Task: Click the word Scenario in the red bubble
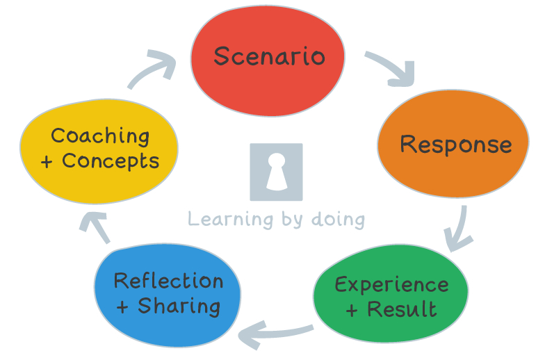point(269,56)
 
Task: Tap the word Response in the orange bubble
point(456,145)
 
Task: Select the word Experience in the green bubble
point(391,284)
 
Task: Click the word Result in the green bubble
point(402,309)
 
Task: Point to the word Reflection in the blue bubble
point(168,281)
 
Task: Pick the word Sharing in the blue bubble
point(179,306)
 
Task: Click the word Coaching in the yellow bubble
point(100,136)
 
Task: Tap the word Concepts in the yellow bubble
point(111,161)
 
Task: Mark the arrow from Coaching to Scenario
point(155,69)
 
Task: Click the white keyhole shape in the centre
point(276,171)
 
